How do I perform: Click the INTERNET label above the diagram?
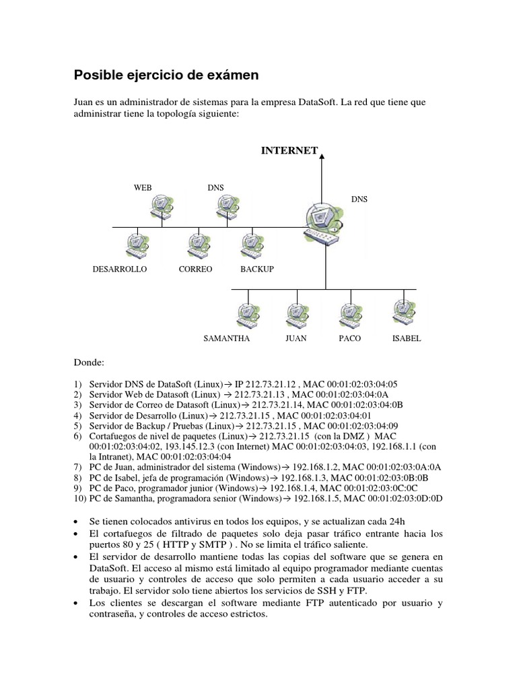pos(289,150)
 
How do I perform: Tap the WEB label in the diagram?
pos(143,187)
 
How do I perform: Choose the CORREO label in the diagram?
pos(195,269)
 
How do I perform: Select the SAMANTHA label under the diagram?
pos(227,338)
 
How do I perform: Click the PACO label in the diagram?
pos(349,338)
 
